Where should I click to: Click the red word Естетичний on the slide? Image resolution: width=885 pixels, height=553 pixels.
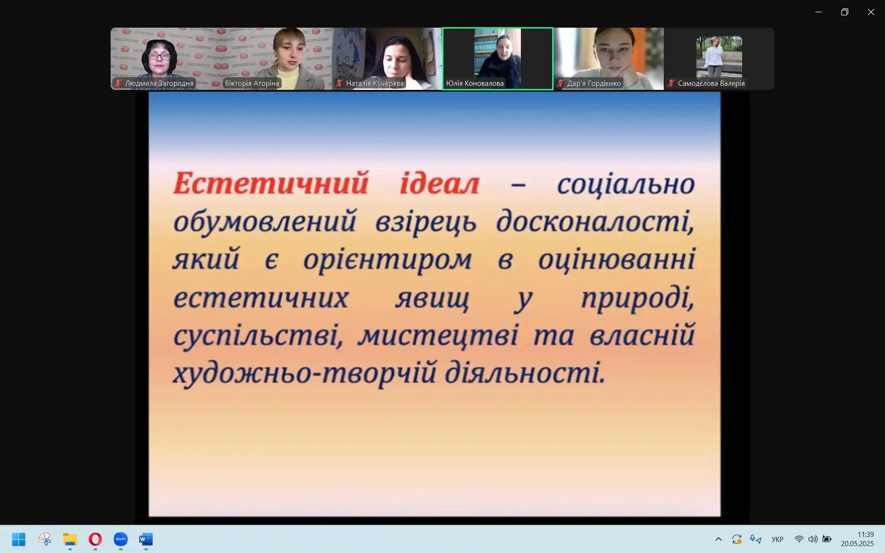pyautogui.click(x=271, y=183)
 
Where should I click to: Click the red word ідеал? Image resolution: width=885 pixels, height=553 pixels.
pyautogui.click(x=440, y=183)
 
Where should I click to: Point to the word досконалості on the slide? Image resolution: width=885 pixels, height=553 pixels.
pyautogui.click(x=595, y=221)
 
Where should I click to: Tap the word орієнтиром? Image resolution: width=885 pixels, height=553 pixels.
pyautogui.click(x=387, y=260)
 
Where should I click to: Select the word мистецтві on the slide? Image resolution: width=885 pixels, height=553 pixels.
pyautogui.click(x=438, y=335)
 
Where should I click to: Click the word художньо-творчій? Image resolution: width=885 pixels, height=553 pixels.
pyautogui.click(x=305, y=372)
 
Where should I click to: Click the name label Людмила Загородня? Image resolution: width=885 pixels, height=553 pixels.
pyautogui.click(x=159, y=83)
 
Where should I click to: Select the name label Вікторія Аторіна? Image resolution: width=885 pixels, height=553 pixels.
pyautogui.click(x=252, y=83)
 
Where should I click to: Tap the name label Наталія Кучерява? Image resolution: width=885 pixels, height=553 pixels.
pyautogui.click(x=375, y=83)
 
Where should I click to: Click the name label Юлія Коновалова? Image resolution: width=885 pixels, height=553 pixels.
pyautogui.click(x=475, y=83)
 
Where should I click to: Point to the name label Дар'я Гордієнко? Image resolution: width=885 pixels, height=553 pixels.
pyautogui.click(x=594, y=83)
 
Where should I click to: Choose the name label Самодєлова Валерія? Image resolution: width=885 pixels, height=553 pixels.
pyautogui.click(x=711, y=83)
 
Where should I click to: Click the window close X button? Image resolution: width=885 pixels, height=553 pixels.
pyautogui.click(x=871, y=12)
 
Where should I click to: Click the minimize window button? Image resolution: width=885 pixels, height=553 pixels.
pyautogui.click(x=818, y=12)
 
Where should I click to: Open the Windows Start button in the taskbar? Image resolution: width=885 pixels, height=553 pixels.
pyautogui.click(x=19, y=539)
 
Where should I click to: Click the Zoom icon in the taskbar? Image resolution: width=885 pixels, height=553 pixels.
pyautogui.click(x=121, y=539)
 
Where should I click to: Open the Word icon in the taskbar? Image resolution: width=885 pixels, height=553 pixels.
pyautogui.click(x=146, y=539)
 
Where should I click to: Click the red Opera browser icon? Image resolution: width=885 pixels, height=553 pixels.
pyautogui.click(x=95, y=539)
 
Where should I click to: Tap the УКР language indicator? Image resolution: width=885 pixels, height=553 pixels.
pyautogui.click(x=778, y=539)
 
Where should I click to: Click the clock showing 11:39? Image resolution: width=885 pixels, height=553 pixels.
pyautogui.click(x=866, y=535)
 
